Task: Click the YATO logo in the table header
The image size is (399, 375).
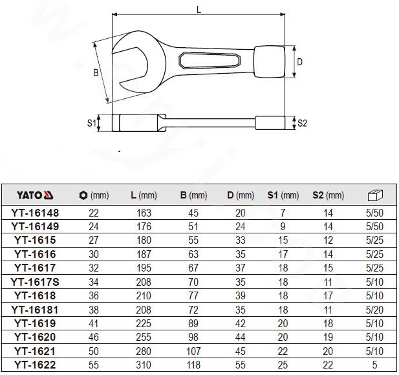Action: [x=35, y=195]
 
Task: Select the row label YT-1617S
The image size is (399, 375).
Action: [x=35, y=282]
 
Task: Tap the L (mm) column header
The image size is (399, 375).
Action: [x=144, y=195]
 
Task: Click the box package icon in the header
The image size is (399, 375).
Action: [x=375, y=195]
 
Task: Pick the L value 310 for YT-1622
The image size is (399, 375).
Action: [x=144, y=365]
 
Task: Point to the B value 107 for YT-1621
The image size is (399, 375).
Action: [x=193, y=351]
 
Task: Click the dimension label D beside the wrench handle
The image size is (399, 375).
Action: [x=300, y=62]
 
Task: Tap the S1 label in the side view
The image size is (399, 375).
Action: [x=92, y=123]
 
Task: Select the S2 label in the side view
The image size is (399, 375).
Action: [x=302, y=123]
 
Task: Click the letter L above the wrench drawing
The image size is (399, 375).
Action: [x=199, y=10]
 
